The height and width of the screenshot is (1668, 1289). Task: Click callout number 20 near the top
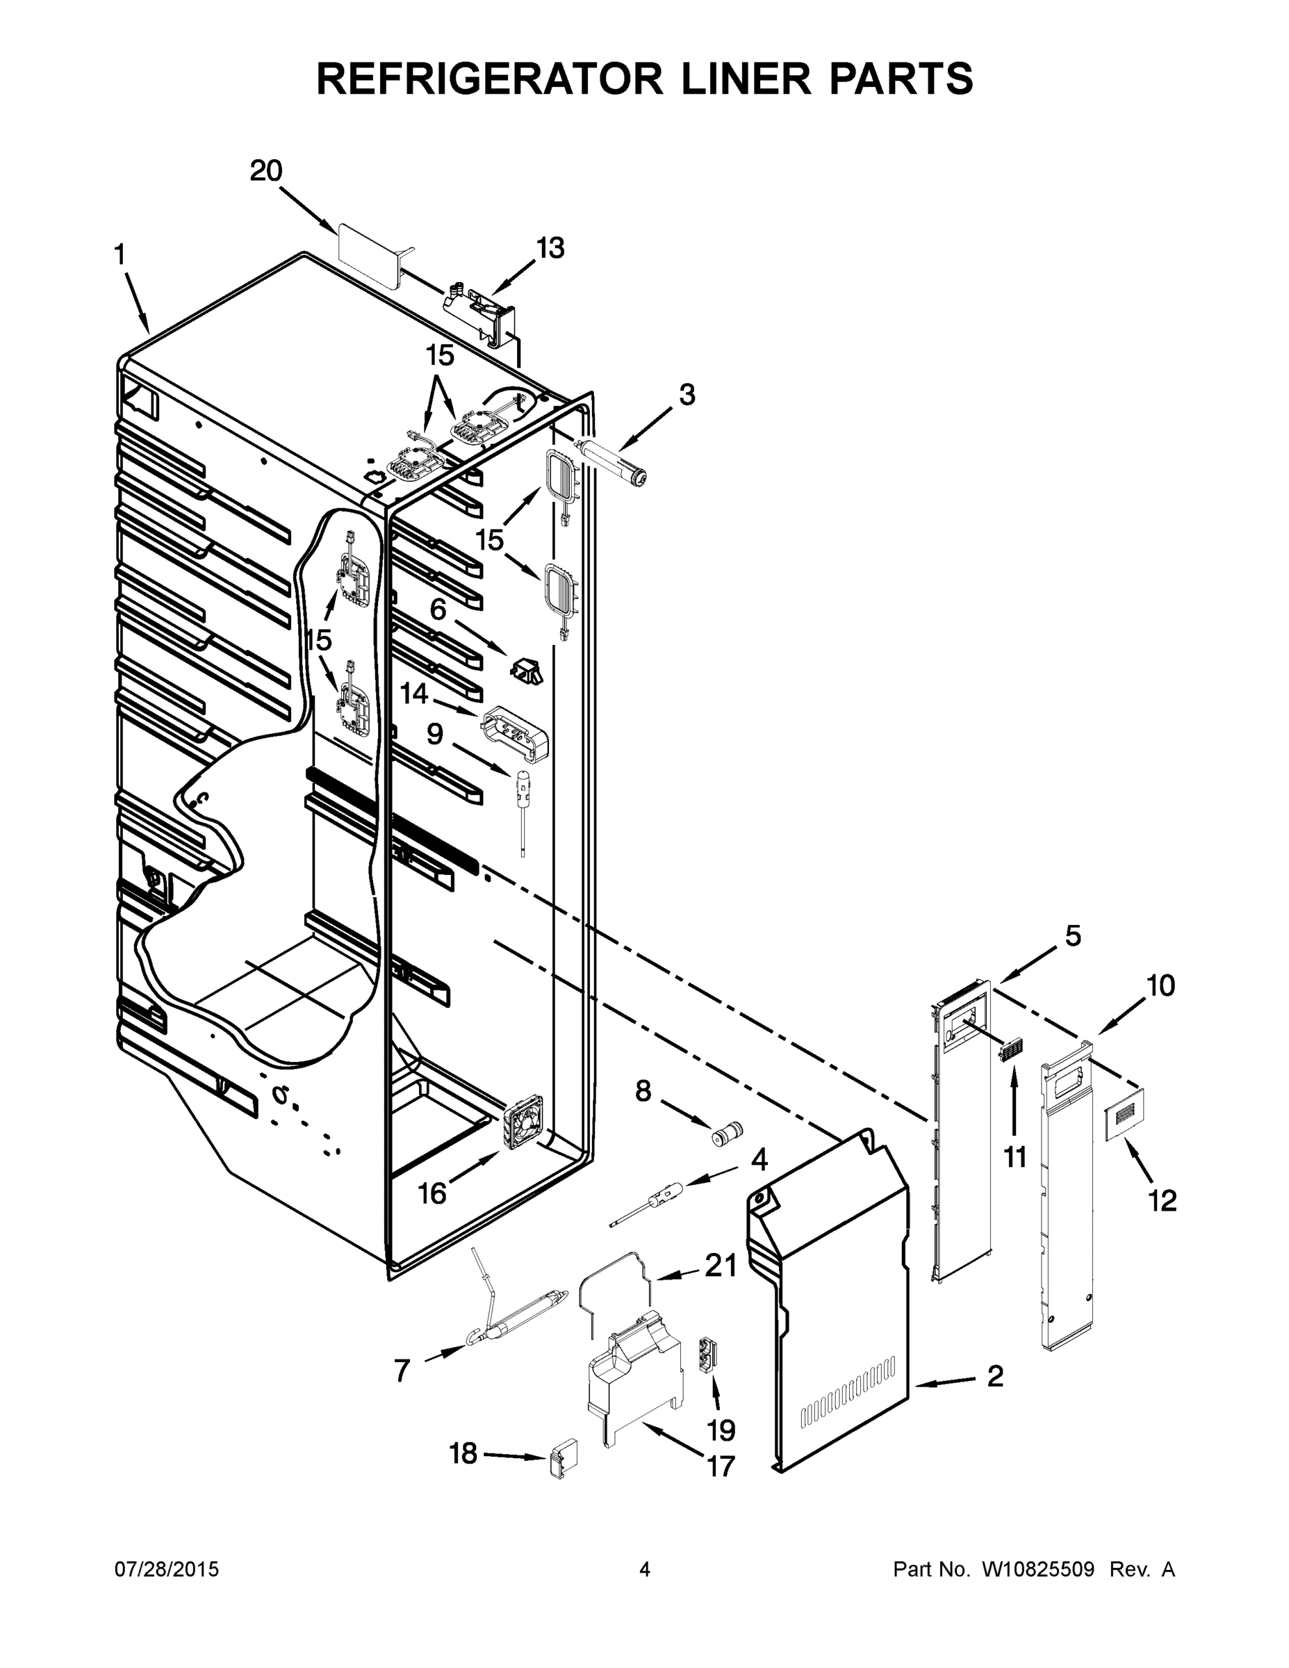pos(265,171)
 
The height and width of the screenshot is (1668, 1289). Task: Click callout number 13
pos(549,248)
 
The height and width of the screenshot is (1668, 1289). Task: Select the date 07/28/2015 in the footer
pos(167,1569)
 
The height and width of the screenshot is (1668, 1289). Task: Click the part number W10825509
pos(1037,1569)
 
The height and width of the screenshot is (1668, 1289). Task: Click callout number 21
pos(720,1266)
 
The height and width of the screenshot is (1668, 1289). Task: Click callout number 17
pos(720,1466)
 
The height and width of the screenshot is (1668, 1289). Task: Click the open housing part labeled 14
pos(515,733)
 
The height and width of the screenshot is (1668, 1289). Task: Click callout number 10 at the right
pos(1160,986)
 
